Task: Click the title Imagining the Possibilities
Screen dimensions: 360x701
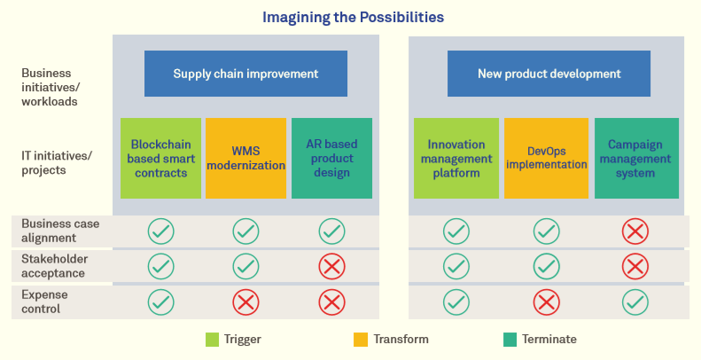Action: coord(353,17)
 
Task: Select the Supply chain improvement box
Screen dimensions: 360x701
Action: coord(245,74)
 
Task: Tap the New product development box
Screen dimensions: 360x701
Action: coord(549,74)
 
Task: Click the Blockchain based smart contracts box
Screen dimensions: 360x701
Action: coord(160,158)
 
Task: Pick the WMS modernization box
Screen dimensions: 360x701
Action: coord(245,158)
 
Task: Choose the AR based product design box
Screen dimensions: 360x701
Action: coord(331,158)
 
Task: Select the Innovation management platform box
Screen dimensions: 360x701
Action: coord(456,158)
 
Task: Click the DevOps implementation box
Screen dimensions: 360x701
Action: coord(546,158)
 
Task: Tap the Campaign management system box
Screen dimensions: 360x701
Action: coord(636,158)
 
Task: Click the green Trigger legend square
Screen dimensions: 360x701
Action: coord(212,339)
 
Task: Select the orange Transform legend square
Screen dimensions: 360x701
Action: coord(361,339)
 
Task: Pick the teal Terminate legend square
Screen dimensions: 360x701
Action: coord(510,339)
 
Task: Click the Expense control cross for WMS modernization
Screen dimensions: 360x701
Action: coord(245,301)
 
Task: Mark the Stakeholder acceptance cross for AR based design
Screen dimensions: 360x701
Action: coord(331,266)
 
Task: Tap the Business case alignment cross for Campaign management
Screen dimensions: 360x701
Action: coord(635,231)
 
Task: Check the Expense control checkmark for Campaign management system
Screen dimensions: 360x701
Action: coord(635,301)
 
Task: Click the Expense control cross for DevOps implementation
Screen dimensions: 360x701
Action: coord(546,301)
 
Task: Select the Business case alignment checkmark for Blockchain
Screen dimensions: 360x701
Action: coord(160,231)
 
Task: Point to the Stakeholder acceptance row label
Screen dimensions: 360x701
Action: coord(53,266)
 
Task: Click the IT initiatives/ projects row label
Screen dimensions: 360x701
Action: coord(57,163)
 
